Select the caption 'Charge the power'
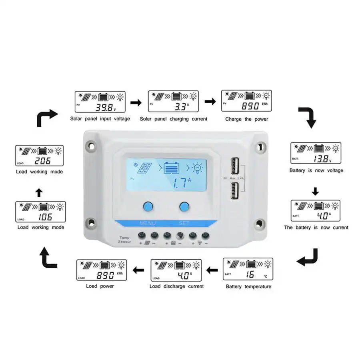pos(246,119)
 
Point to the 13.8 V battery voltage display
pos(315,153)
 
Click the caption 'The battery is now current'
pos(316,227)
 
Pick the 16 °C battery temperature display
pos(248,269)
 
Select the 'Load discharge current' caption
pos(176,286)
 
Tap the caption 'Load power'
pos(100,286)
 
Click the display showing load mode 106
pos(40,212)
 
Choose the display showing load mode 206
pos(39,156)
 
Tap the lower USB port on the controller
pos(234,190)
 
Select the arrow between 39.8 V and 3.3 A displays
pos(136,103)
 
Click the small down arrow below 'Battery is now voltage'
pos(315,192)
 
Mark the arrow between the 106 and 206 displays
pos(39,193)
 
